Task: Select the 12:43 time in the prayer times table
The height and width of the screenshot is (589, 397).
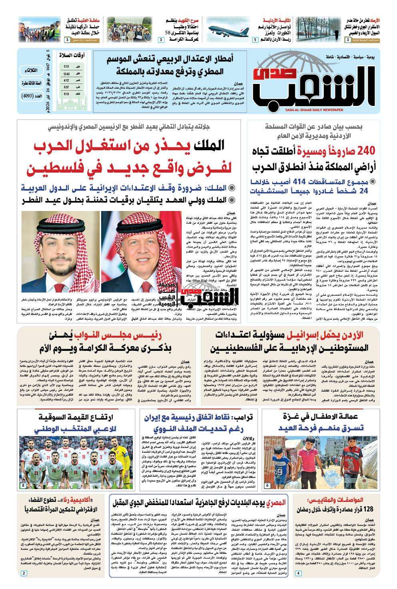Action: (x=66, y=74)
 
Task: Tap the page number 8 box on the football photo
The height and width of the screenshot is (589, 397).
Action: (x=23, y=485)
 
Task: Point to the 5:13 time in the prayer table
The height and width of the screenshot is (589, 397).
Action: (x=66, y=67)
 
